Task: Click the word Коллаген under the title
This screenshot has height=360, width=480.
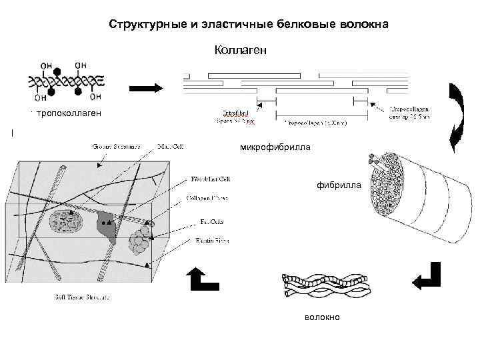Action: click(x=240, y=49)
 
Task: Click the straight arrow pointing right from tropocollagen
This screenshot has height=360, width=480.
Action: click(x=145, y=88)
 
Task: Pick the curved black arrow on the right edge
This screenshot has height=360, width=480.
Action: click(x=459, y=117)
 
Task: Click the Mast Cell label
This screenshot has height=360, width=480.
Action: click(x=170, y=145)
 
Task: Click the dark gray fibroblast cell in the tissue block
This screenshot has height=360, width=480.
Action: click(x=107, y=225)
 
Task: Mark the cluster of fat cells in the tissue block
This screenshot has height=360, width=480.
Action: click(x=140, y=241)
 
